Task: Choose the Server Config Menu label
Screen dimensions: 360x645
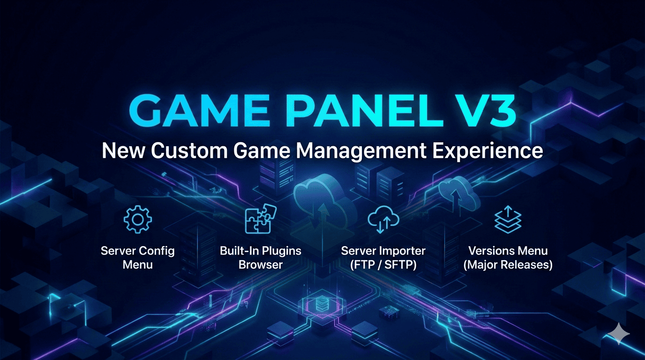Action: point(137,257)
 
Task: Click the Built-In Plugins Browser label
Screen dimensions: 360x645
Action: point(260,257)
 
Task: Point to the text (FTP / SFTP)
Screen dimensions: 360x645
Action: point(383,265)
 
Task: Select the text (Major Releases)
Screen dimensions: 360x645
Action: point(508,265)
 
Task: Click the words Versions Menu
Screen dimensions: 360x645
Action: point(508,251)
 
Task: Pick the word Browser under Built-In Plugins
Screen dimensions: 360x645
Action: point(260,265)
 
